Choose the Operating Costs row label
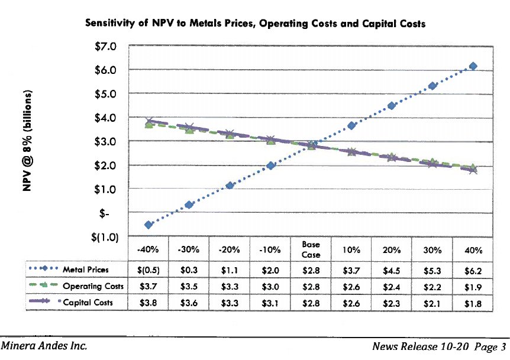coord(93,287)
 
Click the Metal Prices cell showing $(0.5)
coord(148,270)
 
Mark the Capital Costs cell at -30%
coord(189,303)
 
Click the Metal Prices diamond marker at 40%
coord(472,66)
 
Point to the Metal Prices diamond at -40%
coord(149,225)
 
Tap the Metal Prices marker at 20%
coord(391,106)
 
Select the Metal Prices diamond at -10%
coord(270,166)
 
